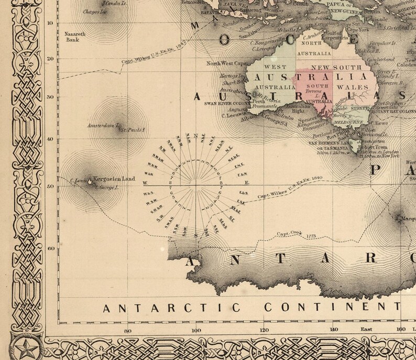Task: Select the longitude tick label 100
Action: tap(196, 330)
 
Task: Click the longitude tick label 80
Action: tap(127, 330)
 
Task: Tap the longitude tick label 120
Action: tap(265, 330)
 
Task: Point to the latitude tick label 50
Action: tap(50, 187)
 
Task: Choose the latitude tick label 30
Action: tap(50, 97)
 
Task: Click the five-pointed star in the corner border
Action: tap(24, 347)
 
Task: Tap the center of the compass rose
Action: tap(196, 184)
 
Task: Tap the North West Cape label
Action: tap(225, 63)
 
